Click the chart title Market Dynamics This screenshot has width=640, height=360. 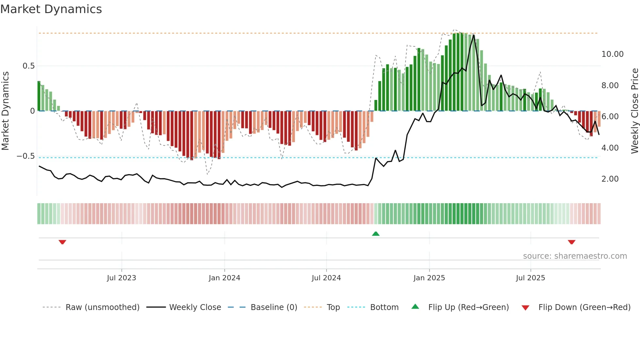pos(51,9)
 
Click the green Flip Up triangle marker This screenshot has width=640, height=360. pos(376,234)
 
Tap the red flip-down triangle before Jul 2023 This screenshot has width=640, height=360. pos(62,242)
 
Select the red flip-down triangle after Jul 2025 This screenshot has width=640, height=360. pos(571,242)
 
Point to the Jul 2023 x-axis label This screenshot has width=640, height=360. pos(121,278)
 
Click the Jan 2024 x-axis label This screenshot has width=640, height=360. pos(224,278)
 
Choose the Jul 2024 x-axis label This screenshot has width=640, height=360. pos(326,278)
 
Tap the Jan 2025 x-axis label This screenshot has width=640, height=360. pos(429,278)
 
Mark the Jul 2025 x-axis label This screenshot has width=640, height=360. pos(530,278)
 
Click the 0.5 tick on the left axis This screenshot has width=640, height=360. pos(28,66)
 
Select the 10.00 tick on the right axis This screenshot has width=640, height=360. pos(612,54)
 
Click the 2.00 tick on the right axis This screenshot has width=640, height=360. pos(610,179)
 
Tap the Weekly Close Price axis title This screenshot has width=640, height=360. pos(634,111)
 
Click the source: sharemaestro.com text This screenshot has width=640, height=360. pos(575,256)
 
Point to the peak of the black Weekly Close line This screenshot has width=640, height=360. pos(473,35)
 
